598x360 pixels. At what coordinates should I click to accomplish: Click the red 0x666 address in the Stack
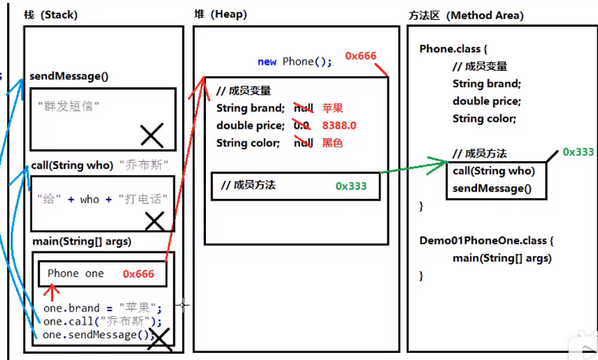click(144, 274)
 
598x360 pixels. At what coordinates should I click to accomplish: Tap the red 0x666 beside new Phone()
click(361, 56)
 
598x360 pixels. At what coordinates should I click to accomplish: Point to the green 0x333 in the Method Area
click(578, 152)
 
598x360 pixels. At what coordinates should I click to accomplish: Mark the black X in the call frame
click(155, 221)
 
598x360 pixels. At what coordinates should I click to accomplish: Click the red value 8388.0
click(339, 125)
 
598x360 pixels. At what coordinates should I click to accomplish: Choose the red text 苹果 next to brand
click(332, 108)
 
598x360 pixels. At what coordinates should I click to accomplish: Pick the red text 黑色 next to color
click(332, 142)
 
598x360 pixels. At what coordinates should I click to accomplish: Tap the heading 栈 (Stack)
click(51, 16)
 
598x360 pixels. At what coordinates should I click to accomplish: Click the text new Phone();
click(295, 61)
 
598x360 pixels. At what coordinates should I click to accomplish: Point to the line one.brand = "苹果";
click(102, 308)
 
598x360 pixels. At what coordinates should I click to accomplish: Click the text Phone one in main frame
click(75, 274)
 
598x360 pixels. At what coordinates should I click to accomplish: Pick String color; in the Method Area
click(484, 119)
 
